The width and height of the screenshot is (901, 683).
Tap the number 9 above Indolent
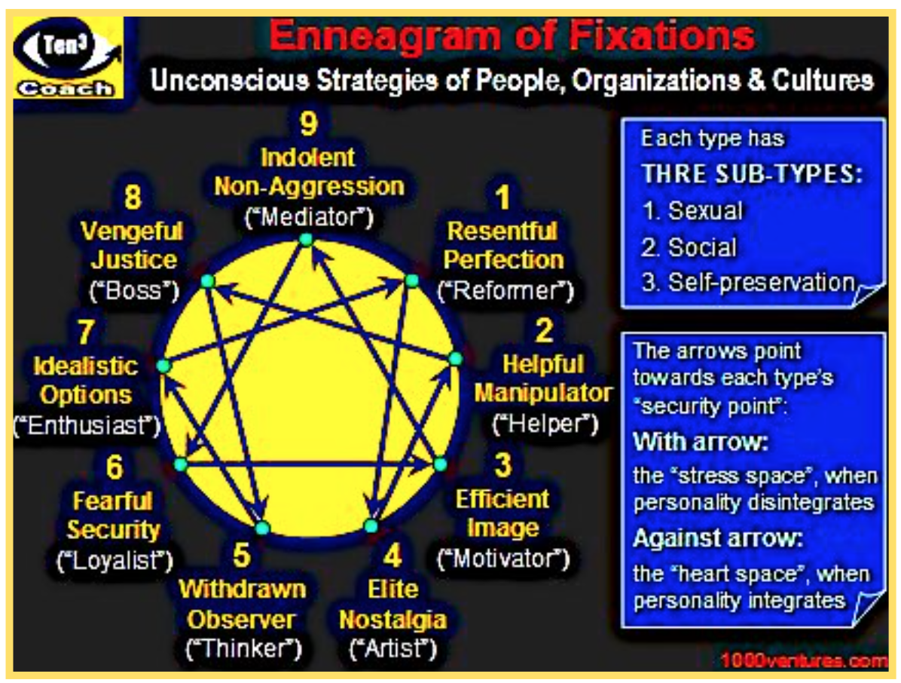[x=308, y=124]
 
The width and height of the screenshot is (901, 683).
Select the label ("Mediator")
[x=309, y=217]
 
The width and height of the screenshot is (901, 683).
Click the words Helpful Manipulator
[x=542, y=378]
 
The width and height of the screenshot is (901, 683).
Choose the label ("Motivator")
[x=503, y=559]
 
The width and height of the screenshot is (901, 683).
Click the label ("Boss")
[x=133, y=289]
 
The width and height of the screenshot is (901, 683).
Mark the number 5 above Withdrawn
[x=241, y=557]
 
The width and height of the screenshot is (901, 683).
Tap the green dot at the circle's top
[x=306, y=240]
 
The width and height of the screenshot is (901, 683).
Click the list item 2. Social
[x=690, y=247]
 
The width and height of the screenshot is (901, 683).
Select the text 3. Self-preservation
[x=750, y=283]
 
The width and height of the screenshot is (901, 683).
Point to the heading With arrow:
[x=700, y=442]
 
